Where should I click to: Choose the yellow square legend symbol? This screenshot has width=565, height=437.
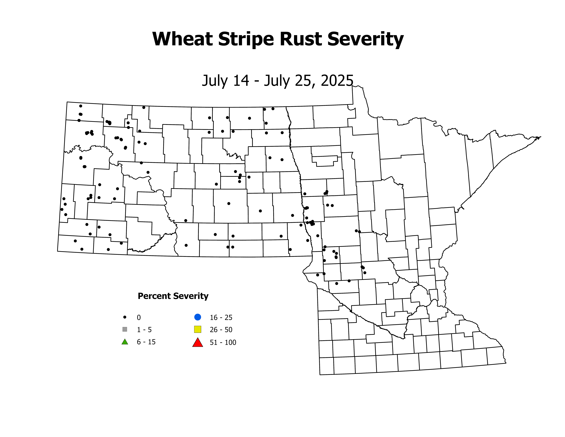(198, 329)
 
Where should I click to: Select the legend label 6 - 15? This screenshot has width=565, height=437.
(146, 342)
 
